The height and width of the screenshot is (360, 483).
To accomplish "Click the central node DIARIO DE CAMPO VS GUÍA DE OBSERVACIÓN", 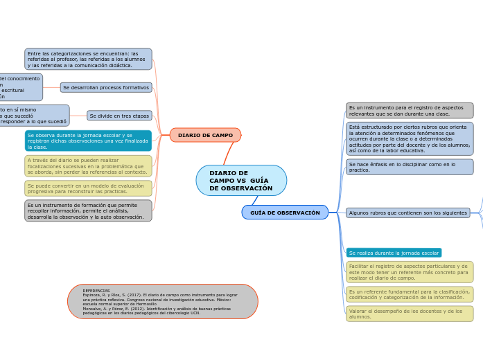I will (241, 181).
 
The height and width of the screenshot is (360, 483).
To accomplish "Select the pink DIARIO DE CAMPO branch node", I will (205, 135).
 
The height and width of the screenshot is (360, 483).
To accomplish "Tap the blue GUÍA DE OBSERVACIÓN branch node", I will (285, 213).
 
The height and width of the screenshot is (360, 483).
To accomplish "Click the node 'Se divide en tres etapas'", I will (119, 116).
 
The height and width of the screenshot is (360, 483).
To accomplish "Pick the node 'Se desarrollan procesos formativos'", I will (106, 88).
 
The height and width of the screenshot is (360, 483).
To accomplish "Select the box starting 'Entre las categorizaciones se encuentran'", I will (88, 59).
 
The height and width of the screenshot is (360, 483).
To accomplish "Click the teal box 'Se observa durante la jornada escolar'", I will (88, 141).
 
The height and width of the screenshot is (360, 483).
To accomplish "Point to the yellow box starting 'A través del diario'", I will (88, 166).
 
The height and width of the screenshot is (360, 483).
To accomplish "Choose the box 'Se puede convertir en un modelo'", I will (88, 188).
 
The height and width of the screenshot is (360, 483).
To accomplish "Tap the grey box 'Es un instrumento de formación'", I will (88, 210).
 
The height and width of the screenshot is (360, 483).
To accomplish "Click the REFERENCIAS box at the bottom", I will (163, 302).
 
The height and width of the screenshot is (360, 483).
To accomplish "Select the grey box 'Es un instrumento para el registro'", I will (410, 111).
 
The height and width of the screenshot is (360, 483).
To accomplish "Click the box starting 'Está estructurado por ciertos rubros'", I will (410, 139).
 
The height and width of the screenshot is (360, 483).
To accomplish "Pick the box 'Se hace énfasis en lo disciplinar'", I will (410, 167).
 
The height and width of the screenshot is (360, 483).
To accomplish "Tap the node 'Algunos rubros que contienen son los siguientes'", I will (408, 213).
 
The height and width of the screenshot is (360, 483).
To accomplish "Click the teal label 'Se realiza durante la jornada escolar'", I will (394, 253).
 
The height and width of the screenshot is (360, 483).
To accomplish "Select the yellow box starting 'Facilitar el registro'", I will (410, 272).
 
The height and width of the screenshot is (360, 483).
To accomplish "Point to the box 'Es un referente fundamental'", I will (410, 294).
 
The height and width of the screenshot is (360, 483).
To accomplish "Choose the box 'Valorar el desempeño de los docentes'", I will (410, 314).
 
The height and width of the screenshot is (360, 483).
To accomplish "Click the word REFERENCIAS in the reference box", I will (96, 291).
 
